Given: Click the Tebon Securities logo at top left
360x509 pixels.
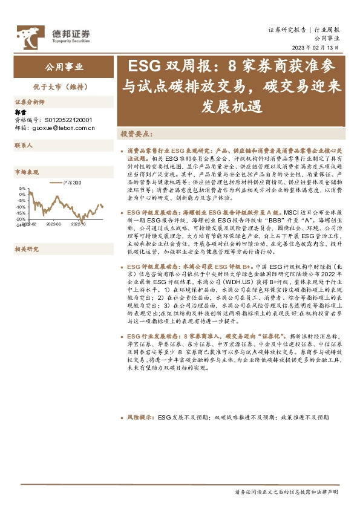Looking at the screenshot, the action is pos(53,36).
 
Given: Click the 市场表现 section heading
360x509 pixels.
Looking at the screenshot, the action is pos(27,172).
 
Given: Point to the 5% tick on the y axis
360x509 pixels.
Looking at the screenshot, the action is pos(22,189).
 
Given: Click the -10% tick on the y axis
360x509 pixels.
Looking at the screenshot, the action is pos(21,207).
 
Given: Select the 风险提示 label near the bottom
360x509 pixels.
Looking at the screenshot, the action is pos(140,417).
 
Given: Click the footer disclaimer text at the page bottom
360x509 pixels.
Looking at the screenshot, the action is pos(287,492).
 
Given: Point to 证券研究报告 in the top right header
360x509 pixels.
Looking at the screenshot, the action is pos(287,30).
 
